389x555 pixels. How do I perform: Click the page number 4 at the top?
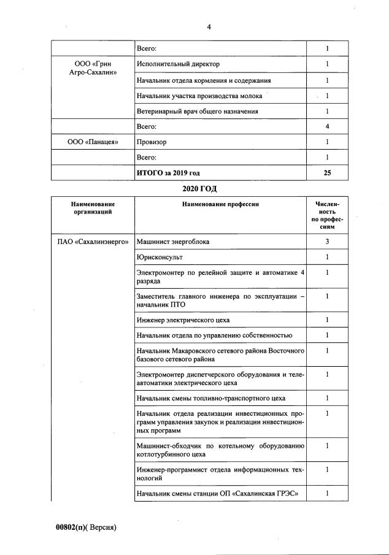tap(209, 26)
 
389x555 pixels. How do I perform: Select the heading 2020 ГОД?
tap(199, 187)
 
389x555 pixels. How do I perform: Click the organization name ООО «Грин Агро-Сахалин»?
tap(93, 68)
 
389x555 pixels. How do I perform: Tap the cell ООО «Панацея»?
tap(93, 142)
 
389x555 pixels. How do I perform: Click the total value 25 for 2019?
tap(327, 173)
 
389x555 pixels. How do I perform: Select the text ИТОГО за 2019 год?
tap(168, 173)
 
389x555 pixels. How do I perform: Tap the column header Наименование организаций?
tap(93, 207)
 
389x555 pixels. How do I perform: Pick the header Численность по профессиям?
tap(327, 215)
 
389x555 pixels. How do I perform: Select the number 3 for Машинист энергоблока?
tap(327, 242)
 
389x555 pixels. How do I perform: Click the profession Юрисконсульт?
tap(160, 257)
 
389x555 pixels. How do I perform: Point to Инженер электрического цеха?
tap(183, 320)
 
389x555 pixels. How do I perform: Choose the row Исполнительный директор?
tap(178, 64)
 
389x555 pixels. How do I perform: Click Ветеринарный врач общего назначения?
tap(197, 111)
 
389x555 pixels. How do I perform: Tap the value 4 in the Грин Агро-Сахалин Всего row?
tap(327, 126)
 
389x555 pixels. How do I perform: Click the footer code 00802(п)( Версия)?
tap(87, 527)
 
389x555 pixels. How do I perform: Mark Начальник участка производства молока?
tap(199, 96)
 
